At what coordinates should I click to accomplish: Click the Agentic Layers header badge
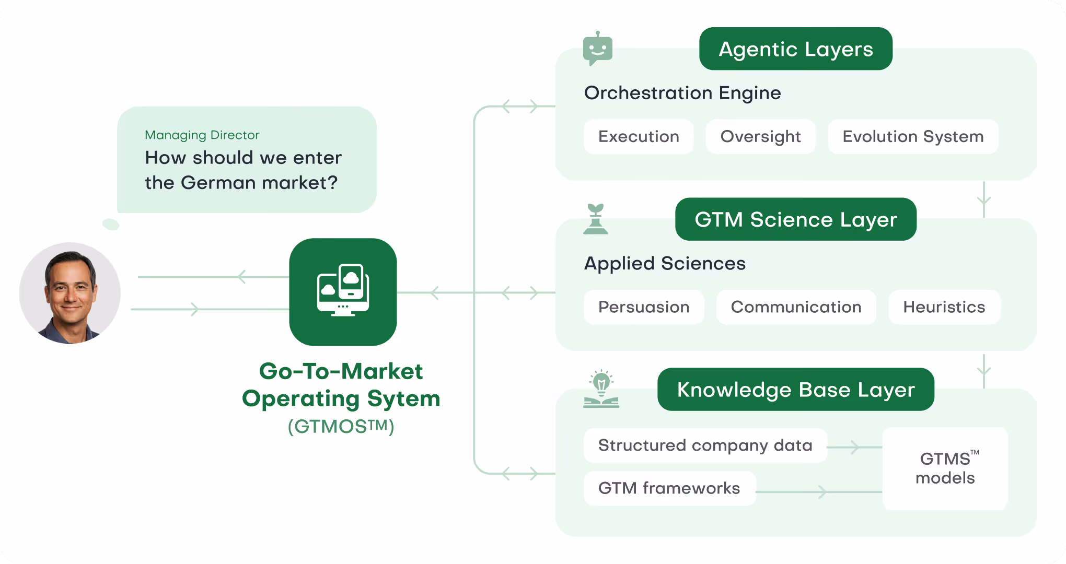point(796,49)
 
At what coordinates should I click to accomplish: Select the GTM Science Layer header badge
point(796,219)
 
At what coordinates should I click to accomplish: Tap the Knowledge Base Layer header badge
point(796,390)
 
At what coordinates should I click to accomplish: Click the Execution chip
point(639,137)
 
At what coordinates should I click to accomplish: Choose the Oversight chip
point(760,137)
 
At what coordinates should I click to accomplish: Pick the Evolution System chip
point(913,137)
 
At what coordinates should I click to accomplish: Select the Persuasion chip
point(644,307)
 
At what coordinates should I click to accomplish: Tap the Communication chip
point(796,307)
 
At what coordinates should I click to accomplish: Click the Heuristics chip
point(944,307)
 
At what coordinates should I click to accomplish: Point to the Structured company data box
point(705,445)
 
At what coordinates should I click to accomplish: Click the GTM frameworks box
point(669,488)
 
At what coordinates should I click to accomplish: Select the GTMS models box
point(945,468)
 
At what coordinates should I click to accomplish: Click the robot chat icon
point(598,49)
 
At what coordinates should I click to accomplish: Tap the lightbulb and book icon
point(601,389)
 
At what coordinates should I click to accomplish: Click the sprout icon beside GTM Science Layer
point(596,219)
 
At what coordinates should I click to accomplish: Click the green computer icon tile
point(343,292)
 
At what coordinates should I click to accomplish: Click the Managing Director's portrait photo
point(70,293)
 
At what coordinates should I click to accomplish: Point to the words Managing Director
point(202,135)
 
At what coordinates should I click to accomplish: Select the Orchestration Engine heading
point(682,93)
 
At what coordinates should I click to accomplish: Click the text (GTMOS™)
point(341,426)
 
